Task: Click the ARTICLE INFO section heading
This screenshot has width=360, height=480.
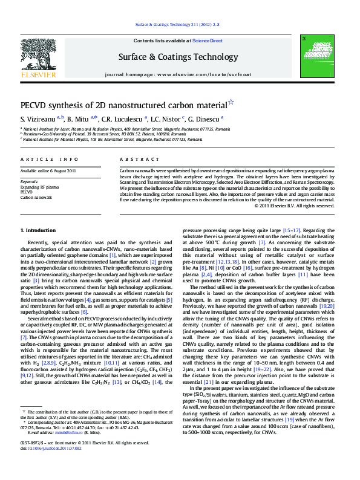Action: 49,159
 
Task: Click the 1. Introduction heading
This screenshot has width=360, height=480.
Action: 38,231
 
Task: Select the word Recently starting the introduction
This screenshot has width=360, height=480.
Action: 39,241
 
